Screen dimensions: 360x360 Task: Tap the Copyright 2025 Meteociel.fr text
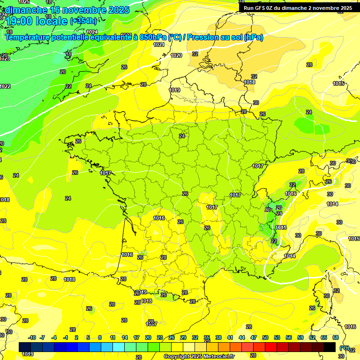[x=199, y=357]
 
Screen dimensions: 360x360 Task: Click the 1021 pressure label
[x=159, y=45]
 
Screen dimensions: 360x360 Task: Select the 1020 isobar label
[x=176, y=55]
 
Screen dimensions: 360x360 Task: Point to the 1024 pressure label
[x=92, y=32]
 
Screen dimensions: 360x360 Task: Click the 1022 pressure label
[x=5, y=86]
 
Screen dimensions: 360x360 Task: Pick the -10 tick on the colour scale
[x=32, y=337]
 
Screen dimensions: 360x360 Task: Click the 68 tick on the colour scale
[x=336, y=337]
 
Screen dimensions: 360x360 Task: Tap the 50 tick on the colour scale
[x=265, y=337]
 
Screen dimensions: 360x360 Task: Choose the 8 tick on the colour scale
[x=100, y=337]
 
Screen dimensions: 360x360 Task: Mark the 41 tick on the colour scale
[x=230, y=337]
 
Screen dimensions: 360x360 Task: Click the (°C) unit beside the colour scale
[x=345, y=347]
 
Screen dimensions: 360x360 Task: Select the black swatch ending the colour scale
[x=330, y=347]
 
